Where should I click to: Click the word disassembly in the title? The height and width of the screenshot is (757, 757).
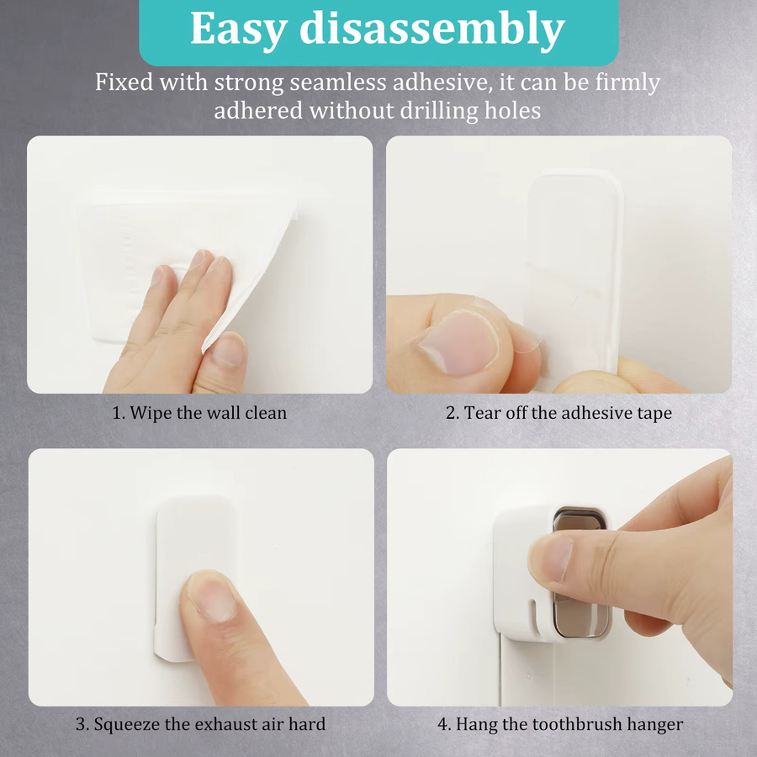(432, 29)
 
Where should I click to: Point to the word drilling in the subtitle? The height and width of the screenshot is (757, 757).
(439, 111)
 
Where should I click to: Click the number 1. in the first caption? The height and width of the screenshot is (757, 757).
(119, 413)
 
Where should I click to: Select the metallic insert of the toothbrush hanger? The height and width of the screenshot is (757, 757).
(580, 572)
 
